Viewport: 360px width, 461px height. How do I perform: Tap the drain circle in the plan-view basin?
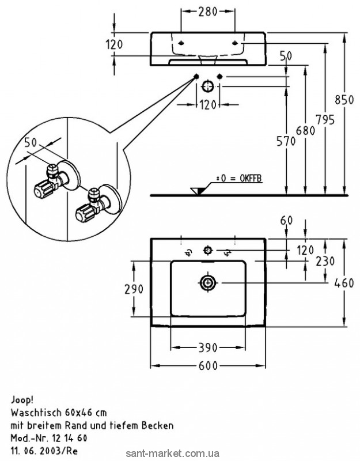coord(207,283)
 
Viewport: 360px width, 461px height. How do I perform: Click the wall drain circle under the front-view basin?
coord(208,87)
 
